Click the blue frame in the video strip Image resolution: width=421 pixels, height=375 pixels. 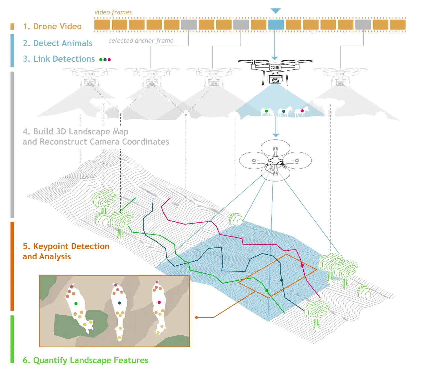(276, 25)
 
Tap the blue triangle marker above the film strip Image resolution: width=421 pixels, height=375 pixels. (275, 11)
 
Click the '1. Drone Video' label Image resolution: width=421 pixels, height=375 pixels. (52, 26)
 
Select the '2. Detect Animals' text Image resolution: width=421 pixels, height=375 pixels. (57, 43)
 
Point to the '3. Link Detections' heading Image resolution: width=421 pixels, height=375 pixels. (59, 59)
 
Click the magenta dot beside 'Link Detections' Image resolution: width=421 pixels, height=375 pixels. (109, 60)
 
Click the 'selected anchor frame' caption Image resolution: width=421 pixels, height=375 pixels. (141, 41)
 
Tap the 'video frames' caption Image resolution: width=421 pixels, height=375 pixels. (113, 12)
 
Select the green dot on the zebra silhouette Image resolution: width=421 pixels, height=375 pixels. (266, 111)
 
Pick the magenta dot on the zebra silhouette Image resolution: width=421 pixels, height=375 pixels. (302, 111)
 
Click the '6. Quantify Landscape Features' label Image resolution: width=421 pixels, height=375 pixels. (86, 360)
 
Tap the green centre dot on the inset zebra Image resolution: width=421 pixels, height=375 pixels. (76, 304)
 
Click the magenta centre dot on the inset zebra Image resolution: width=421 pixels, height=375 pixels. (159, 302)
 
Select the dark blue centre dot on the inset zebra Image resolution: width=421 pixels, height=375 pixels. (119, 303)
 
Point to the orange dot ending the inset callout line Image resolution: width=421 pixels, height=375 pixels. (196, 318)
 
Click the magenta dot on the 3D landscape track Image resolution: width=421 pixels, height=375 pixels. (302, 265)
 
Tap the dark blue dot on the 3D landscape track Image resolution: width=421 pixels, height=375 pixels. (282, 280)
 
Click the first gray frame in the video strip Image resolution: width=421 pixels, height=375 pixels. (189, 25)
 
